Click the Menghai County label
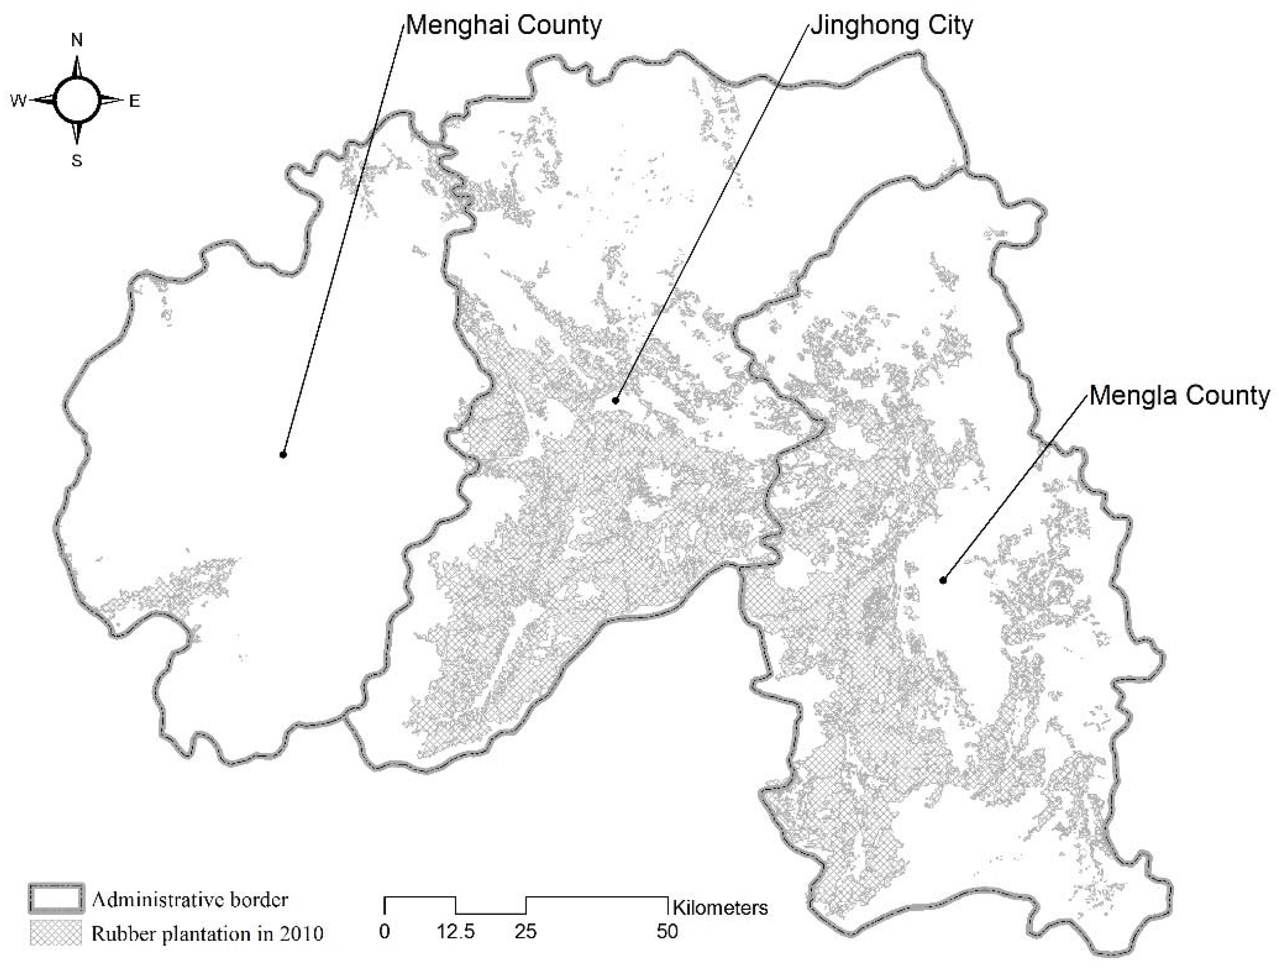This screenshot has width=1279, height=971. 503,26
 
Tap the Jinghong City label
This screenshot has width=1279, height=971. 891,26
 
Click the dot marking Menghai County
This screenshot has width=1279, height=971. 283,454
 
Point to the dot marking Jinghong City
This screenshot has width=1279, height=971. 616,400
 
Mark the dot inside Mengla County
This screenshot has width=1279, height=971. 942,580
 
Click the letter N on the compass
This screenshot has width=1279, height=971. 77,40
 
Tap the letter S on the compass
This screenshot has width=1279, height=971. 77,161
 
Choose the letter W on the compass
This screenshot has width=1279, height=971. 18,101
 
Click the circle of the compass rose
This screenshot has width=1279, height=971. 77,100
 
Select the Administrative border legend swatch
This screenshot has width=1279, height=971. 56,900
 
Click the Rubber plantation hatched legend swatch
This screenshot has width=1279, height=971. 56,933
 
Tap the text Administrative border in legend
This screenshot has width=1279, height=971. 190,900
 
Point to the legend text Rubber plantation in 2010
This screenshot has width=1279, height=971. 207,934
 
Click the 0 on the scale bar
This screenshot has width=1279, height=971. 385,932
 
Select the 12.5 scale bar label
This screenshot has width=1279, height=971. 456,932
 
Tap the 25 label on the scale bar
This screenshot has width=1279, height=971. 525,932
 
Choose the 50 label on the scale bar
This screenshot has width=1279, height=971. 667,932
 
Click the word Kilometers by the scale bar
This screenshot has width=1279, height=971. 720,908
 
